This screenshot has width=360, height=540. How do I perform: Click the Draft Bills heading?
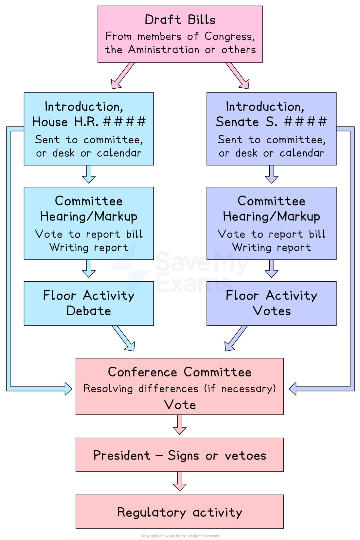tap(180, 20)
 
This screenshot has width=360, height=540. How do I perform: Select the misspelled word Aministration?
tap(163, 50)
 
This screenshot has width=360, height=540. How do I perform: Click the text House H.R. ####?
tap(89, 122)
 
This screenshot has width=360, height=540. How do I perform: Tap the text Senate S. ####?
tap(271, 122)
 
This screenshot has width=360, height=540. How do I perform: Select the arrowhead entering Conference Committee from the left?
tap(68, 389)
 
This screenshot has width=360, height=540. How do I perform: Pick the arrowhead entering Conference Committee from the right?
tap(293, 389)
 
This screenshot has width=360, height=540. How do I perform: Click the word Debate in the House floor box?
tap(89, 311)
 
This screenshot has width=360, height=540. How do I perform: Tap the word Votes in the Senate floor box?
tap(272, 311)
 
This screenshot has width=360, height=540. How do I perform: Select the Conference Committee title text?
tap(180, 372)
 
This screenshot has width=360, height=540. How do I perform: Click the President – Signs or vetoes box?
tap(180, 455)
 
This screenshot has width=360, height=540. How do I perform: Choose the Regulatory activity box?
tap(180, 512)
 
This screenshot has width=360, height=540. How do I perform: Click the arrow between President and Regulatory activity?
tap(180, 481)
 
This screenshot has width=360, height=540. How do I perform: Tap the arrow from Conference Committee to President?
tap(180, 425)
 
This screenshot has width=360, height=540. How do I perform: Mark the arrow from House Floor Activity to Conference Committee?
tap(124, 339)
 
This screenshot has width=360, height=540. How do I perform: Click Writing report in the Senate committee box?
tap(271, 248)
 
